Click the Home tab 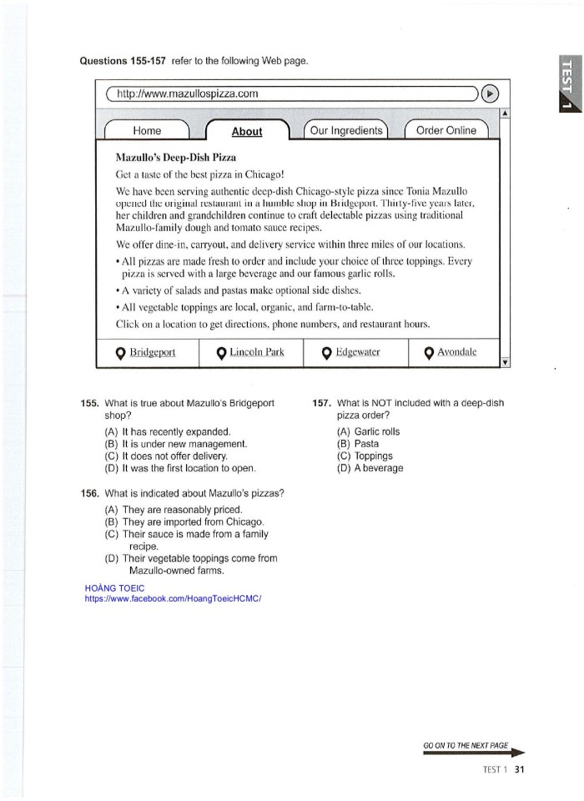147,130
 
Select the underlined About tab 246,131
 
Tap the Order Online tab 446,130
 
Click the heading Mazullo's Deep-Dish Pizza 176,157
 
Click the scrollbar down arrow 505,361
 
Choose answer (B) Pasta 358,444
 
